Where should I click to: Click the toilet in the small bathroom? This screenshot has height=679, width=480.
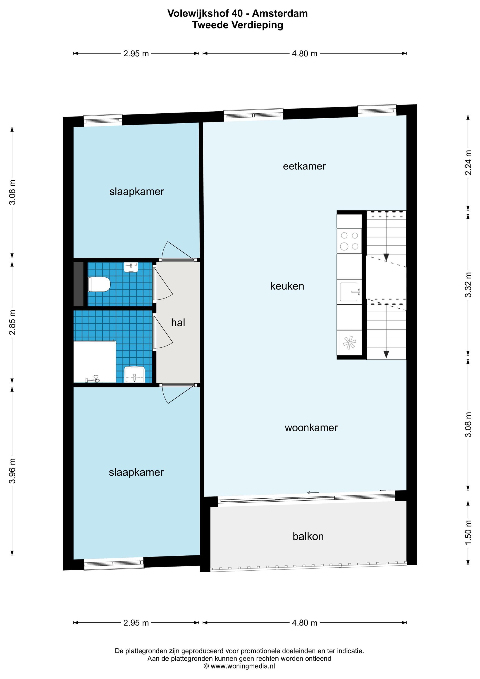point(99,284)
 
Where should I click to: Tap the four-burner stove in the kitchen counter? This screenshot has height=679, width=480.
point(349,241)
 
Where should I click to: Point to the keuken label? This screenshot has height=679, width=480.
point(287,286)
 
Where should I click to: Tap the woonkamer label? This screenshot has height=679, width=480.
point(311,428)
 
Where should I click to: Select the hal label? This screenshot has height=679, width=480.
point(178,323)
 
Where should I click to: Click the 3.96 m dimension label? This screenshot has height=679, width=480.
point(12,471)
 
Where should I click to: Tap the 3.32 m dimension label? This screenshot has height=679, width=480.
point(468,285)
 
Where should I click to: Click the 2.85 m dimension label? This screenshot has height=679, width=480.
point(12,322)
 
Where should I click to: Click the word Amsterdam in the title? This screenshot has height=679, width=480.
point(280,13)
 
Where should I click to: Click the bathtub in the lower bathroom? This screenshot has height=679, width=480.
point(94,362)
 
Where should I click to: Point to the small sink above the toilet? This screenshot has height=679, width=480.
point(131,267)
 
